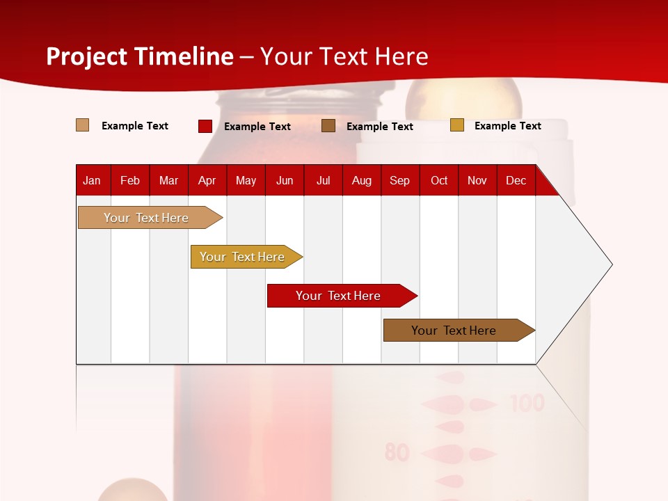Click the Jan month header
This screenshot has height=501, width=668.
[92, 180]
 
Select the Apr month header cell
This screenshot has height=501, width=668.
[207, 180]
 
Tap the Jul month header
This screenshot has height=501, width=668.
[323, 180]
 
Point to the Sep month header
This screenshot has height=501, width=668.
[399, 180]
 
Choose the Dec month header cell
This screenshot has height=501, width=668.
[516, 180]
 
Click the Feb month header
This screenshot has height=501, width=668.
[130, 180]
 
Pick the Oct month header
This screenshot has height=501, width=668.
[439, 180]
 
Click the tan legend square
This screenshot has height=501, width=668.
[83, 125]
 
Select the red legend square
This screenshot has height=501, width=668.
[205, 126]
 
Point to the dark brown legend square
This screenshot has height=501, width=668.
[328, 126]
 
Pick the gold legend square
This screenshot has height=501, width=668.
[457, 125]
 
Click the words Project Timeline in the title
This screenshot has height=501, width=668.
[140, 56]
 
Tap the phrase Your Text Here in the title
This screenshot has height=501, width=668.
[344, 56]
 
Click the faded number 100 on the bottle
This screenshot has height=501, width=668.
[527, 403]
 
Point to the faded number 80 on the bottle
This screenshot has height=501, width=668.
[397, 453]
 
